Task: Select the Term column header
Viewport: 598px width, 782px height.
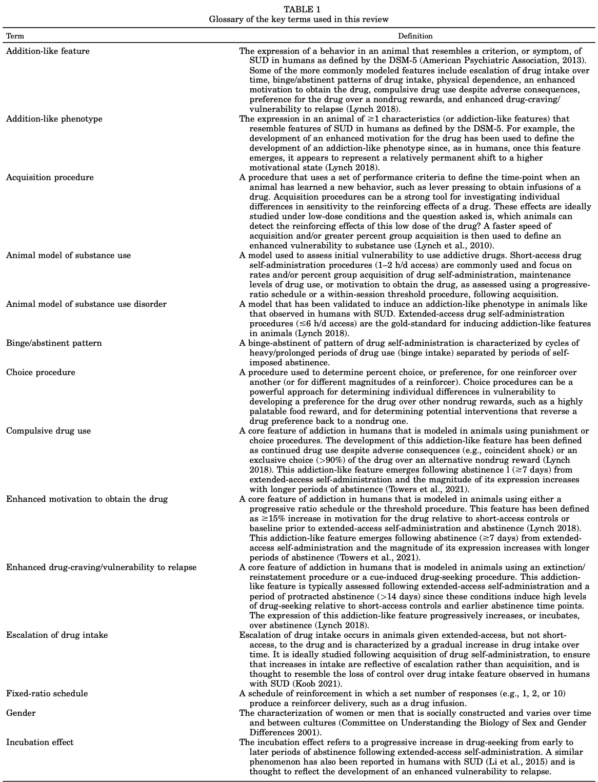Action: (15, 36)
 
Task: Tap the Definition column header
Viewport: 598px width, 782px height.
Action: (415, 36)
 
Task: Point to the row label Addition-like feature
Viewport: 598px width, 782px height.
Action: (48, 51)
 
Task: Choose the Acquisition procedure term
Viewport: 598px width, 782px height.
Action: (50, 177)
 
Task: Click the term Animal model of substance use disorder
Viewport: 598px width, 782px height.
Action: (86, 304)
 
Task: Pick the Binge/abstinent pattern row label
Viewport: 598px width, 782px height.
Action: (54, 343)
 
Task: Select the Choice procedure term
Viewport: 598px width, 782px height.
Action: (41, 372)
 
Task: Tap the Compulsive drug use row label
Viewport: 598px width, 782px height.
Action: (48, 431)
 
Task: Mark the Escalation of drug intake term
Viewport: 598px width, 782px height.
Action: (57, 635)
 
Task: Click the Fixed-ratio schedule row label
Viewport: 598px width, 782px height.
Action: (47, 693)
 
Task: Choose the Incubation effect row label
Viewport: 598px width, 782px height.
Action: (39, 742)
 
